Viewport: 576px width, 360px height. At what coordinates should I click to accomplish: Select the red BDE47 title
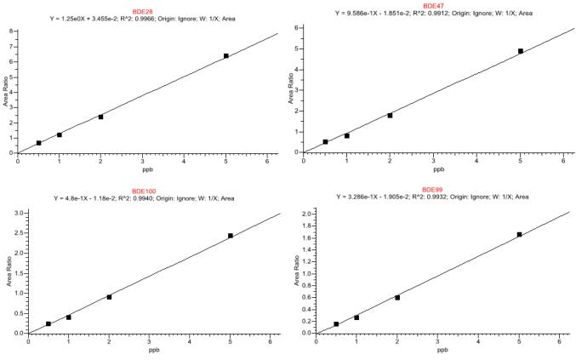pos(434,5)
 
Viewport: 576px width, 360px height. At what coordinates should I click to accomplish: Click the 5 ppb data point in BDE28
pos(226,56)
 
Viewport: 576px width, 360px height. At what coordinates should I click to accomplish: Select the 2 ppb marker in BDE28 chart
pos(100,117)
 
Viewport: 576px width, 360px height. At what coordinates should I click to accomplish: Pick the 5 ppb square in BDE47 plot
pos(520,51)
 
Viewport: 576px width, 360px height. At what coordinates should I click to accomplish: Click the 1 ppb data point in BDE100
pos(69,317)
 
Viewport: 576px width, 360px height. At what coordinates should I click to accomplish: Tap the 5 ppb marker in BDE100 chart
pos(231,236)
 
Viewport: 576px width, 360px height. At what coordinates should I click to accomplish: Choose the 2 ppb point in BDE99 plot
pos(397,298)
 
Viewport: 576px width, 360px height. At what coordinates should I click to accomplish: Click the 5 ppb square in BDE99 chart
pos(519,234)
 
